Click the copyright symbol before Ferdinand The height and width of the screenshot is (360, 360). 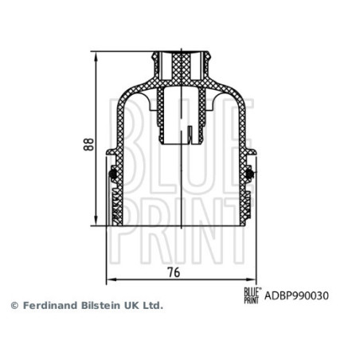tap(14, 306)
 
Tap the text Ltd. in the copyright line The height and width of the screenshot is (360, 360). tap(151, 306)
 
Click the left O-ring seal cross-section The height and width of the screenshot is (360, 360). tap(113, 173)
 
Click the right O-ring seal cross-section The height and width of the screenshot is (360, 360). tap(250, 173)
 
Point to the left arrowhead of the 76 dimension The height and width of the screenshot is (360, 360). tap(109, 280)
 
